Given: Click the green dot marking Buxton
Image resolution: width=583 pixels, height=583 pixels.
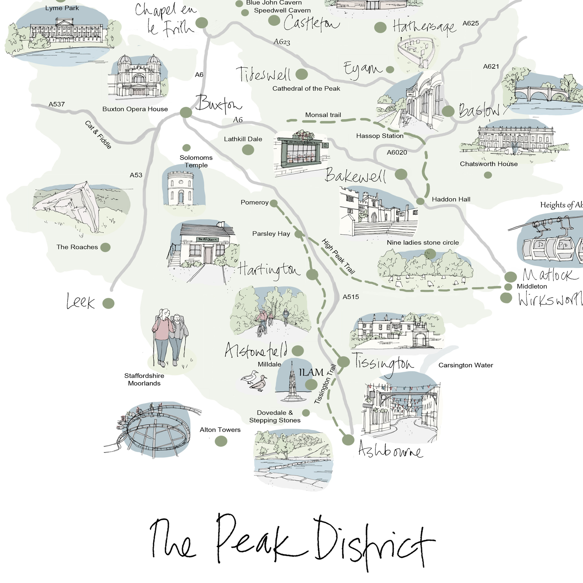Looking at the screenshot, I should tap(186, 112).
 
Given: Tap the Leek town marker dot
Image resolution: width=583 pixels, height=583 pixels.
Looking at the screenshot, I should tap(108, 303).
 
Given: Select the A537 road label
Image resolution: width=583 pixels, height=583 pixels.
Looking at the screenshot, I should tap(57, 104).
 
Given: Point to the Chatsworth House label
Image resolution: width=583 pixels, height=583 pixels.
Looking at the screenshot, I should tap(488, 164).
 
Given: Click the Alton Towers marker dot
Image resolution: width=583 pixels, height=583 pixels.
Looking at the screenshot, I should tap(221, 441).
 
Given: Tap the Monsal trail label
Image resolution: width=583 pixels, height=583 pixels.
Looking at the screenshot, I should tap(323, 115).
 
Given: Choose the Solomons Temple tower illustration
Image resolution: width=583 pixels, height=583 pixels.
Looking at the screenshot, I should tap(181, 188).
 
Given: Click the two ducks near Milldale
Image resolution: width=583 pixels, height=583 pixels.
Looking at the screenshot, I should tap(255, 381).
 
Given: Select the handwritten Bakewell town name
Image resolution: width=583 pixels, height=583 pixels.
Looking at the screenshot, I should tap(355, 176).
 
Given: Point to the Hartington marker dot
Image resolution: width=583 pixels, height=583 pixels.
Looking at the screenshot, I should tap(312, 274).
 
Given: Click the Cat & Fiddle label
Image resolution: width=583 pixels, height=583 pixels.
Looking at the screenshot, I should tap(98, 135).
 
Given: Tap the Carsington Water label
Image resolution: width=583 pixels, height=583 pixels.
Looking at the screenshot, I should tap(466, 365).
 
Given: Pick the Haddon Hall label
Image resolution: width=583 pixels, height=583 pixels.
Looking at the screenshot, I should tap(451, 199).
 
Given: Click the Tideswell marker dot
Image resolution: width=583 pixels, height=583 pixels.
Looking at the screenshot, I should tap(301, 74).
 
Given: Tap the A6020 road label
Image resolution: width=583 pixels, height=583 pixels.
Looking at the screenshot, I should tap(397, 152).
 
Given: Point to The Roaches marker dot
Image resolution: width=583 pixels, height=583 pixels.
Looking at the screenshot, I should tap(105, 247).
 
